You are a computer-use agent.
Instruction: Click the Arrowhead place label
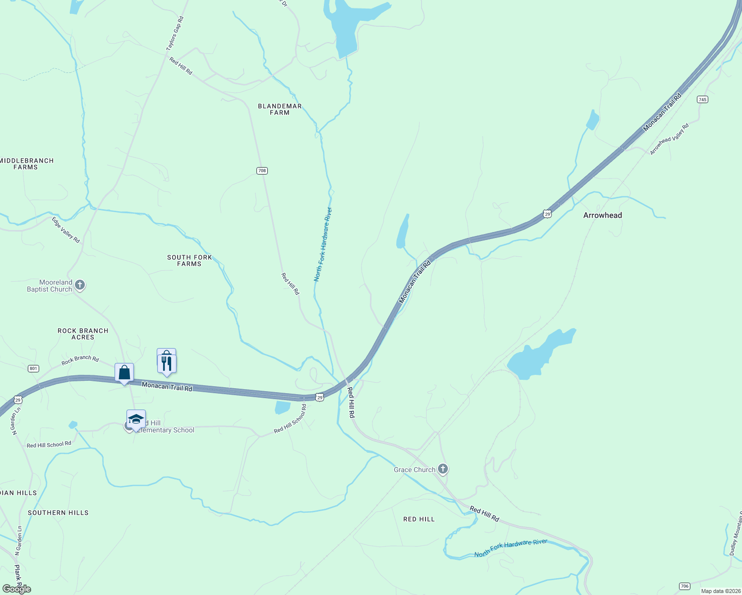[x=602, y=215]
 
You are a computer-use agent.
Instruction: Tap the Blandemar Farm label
[x=280, y=109]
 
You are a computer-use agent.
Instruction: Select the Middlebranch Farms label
[x=26, y=164]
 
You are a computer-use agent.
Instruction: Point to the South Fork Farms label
[x=189, y=260]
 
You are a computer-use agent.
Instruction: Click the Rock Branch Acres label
[x=83, y=334]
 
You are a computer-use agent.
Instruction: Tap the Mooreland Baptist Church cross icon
[x=80, y=285]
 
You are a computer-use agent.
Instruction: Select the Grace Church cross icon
[x=443, y=469]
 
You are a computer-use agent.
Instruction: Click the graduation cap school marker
[x=136, y=419]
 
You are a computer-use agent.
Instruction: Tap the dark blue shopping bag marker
[x=124, y=373]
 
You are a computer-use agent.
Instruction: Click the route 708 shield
[x=262, y=171]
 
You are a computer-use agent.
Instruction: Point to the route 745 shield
[x=702, y=99]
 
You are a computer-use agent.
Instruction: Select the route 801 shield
[x=33, y=368]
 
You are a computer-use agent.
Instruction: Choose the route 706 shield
[x=684, y=586]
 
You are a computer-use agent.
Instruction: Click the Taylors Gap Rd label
[x=175, y=33]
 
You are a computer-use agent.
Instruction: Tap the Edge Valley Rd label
[x=66, y=230]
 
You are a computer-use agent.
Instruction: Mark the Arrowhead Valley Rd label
[x=670, y=139]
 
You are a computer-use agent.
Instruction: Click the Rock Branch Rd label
[x=80, y=360]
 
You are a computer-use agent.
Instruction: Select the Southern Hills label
[x=58, y=513]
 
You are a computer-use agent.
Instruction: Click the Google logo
[x=16, y=589]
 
